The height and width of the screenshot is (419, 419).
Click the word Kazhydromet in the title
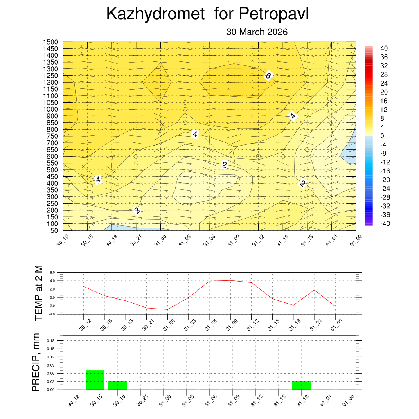pyautogui.click(x=155, y=14)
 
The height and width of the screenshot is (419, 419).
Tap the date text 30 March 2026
pyautogui.click(x=257, y=32)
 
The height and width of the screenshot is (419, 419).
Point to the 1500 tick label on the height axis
pyautogui.click(x=51, y=42)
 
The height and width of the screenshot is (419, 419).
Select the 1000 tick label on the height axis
pyautogui.click(x=51, y=109)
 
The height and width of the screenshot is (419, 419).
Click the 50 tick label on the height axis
pyautogui.click(x=54, y=230)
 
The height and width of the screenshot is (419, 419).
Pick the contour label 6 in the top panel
pyautogui.click(x=268, y=75)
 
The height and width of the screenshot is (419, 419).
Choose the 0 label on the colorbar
pyautogui.click(x=382, y=136)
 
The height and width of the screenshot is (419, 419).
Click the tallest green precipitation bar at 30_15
pyautogui.click(x=95, y=380)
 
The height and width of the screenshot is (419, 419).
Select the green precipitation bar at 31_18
pyautogui.click(x=301, y=385)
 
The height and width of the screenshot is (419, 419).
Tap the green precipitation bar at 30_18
pyautogui.click(x=118, y=385)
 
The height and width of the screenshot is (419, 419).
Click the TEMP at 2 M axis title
pyautogui.click(x=38, y=293)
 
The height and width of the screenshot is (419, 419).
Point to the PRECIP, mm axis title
pyautogui.click(x=36, y=363)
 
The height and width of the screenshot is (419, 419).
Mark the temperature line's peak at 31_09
pyautogui.click(x=230, y=280)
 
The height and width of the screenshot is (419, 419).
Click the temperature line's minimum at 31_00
pyautogui.click(x=167, y=309)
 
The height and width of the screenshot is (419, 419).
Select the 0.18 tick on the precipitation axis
pyautogui.click(x=51, y=340)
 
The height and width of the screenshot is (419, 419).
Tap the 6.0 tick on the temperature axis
pyautogui.click(x=52, y=272)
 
